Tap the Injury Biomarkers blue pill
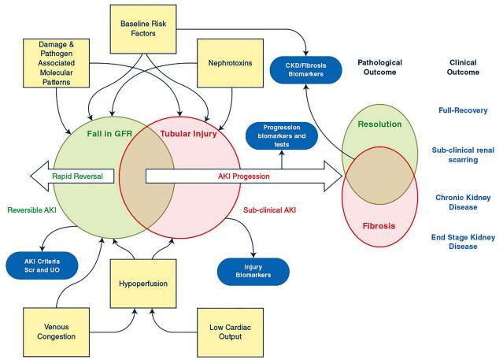click(253, 270)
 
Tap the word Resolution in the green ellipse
click(379, 124)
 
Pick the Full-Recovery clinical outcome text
click(463, 110)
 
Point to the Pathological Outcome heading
click(381, 67)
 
